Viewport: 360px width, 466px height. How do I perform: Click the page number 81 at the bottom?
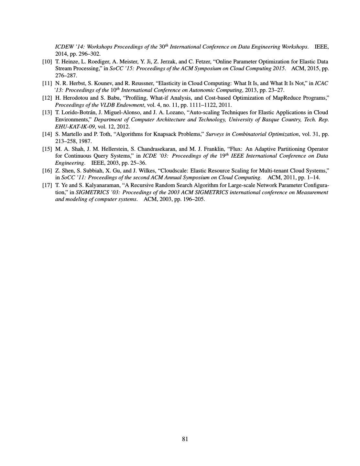(185, 439)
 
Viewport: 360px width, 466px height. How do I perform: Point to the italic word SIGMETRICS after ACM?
(212, 192)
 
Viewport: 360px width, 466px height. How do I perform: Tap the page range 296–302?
(90, 54)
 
